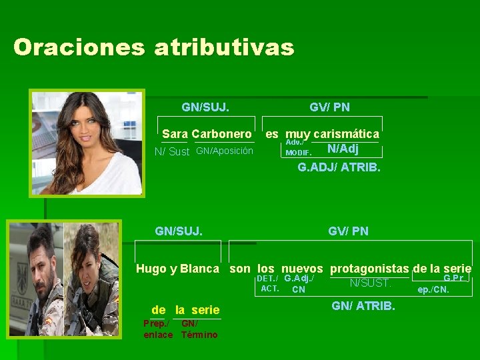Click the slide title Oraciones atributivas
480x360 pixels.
[x=153, y=47]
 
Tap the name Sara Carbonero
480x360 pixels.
[x=207, y=134]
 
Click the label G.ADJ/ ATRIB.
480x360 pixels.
[x=339, y=167]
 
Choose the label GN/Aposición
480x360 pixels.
[x=225, y=151]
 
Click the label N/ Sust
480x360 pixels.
[x=172, y=151]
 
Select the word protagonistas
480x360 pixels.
[x=369, y=269]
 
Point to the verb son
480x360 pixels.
[x=240, y=269]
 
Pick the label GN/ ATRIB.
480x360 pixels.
[x=363, y=307]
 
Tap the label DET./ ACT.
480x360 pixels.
[x=269, y=283]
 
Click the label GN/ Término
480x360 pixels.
[x=199, y=329]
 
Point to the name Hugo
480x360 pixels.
[x=151, y=269]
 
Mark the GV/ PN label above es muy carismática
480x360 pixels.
[x=329, y=107]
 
